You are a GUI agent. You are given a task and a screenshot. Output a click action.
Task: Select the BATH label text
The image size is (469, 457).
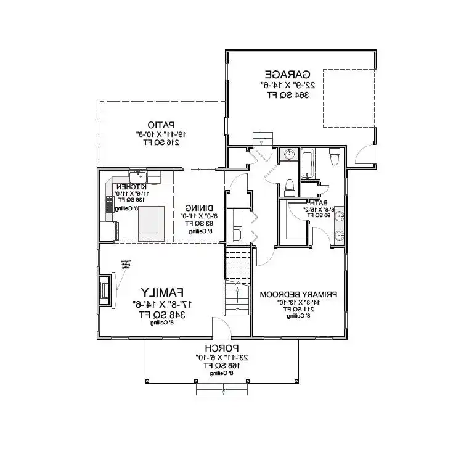[319, 202]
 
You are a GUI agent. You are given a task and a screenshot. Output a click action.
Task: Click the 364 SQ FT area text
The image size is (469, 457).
[288, 95]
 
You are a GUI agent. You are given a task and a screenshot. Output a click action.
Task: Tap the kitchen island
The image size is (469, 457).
[151, 223]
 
